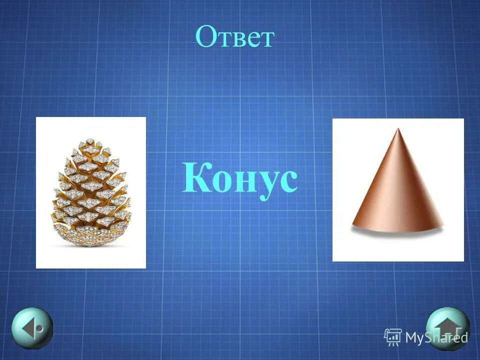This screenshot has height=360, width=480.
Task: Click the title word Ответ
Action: click(x=235, y=37)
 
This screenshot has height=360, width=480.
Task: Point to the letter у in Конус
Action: click(x=264, y=183)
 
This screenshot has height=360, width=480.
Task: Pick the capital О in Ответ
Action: click(x=205, y=37)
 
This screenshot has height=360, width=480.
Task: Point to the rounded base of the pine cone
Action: click(x=91, y=239)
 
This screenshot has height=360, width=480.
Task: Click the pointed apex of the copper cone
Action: click(x=397, y=130)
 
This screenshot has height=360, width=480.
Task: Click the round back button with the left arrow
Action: click(x=32, y=328)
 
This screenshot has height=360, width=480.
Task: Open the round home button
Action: click(x=447, y=328)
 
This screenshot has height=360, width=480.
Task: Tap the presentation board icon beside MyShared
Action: click(x=393, y=337)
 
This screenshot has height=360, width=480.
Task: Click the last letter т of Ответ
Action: click(x=266, y=39)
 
